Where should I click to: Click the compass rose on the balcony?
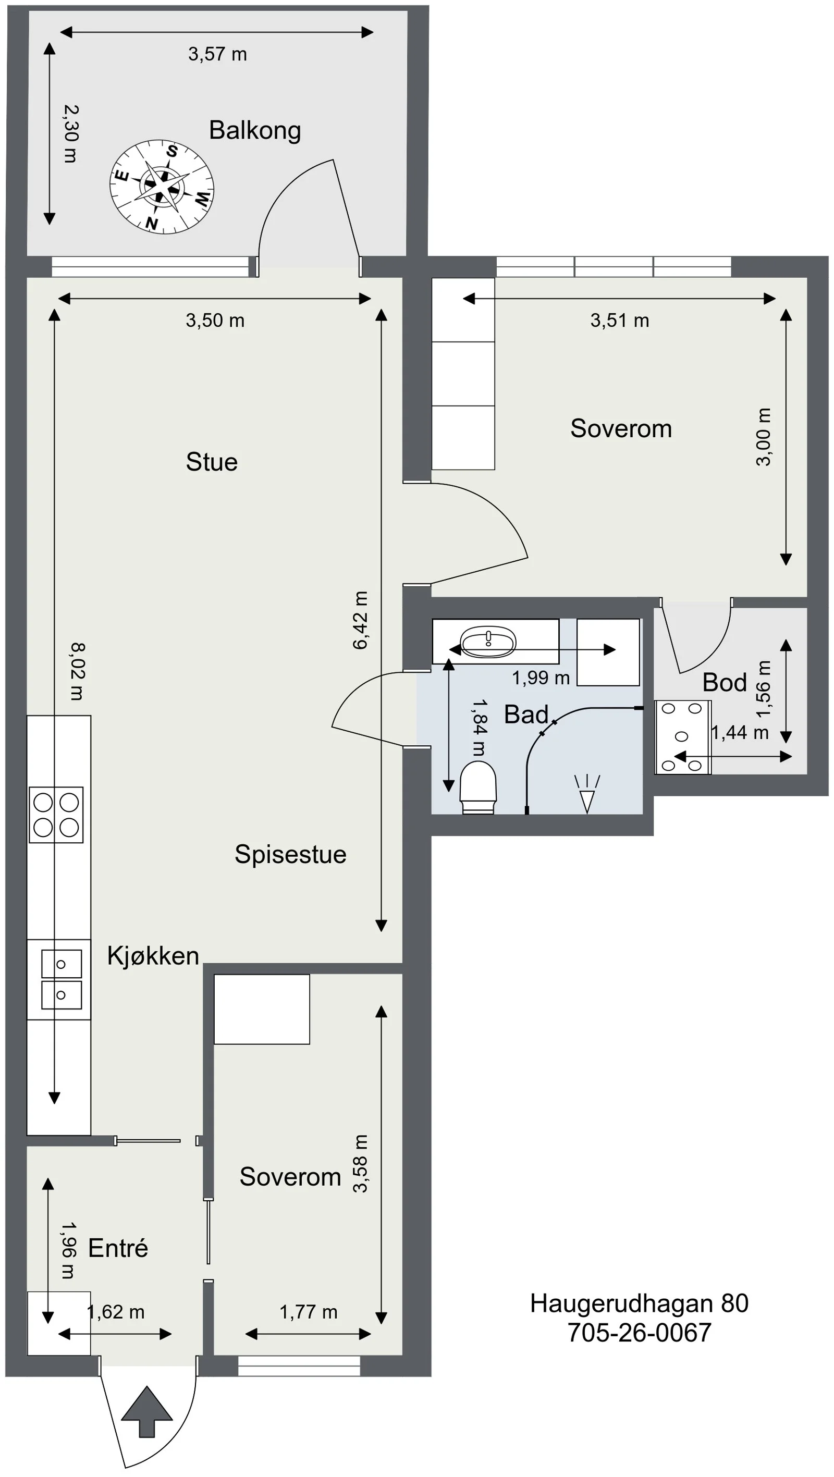162,187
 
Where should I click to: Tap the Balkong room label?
255,131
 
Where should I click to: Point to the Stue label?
212,462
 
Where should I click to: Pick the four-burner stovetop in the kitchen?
56,815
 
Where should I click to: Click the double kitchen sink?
62,979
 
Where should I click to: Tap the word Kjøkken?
153,956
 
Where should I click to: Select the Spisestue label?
290,854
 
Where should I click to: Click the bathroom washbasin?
488,642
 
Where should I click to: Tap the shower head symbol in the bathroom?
587,794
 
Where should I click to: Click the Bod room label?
725,683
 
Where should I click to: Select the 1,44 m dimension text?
740,733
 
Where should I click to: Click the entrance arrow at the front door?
147,1412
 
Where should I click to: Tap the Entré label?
118,1248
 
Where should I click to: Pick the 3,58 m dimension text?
360,1164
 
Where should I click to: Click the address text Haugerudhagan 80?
639,1304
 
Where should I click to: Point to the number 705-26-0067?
639,1333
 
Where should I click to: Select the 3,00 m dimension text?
764,437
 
